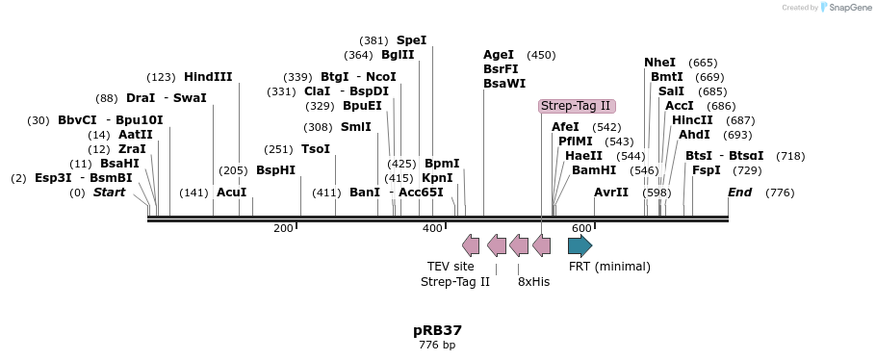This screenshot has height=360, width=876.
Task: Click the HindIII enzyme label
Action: pos(208,77)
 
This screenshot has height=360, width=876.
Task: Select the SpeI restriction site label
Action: pos(411,40)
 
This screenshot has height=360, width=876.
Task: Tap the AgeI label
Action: pos(499,55)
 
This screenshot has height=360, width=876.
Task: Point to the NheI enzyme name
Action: pos(659,63)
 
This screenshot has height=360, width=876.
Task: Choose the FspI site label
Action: pos(706,170)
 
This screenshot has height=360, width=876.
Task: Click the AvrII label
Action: pos(611,193)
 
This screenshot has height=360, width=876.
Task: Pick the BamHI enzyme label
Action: pos(594,170)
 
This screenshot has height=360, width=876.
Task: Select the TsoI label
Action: pos(316,149)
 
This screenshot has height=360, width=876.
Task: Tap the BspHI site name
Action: pos(275,170)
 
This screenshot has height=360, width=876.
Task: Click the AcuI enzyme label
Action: pos(232,193)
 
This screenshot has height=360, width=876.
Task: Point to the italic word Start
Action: pos(109,193)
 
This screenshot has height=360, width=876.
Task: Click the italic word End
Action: pos(739,193)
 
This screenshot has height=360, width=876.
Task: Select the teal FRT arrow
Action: pos(580,245)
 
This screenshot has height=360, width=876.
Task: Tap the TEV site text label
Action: pos(451,267)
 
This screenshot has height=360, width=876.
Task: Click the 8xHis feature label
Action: pos(533,282)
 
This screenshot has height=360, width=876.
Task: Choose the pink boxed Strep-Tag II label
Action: pos(576,106)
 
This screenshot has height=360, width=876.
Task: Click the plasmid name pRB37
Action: pos(437,329)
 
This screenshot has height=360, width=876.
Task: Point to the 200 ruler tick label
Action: pos(283,228)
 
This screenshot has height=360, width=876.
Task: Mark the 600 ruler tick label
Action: pos(581,228)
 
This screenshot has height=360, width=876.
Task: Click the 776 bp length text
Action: pos(437,345)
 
